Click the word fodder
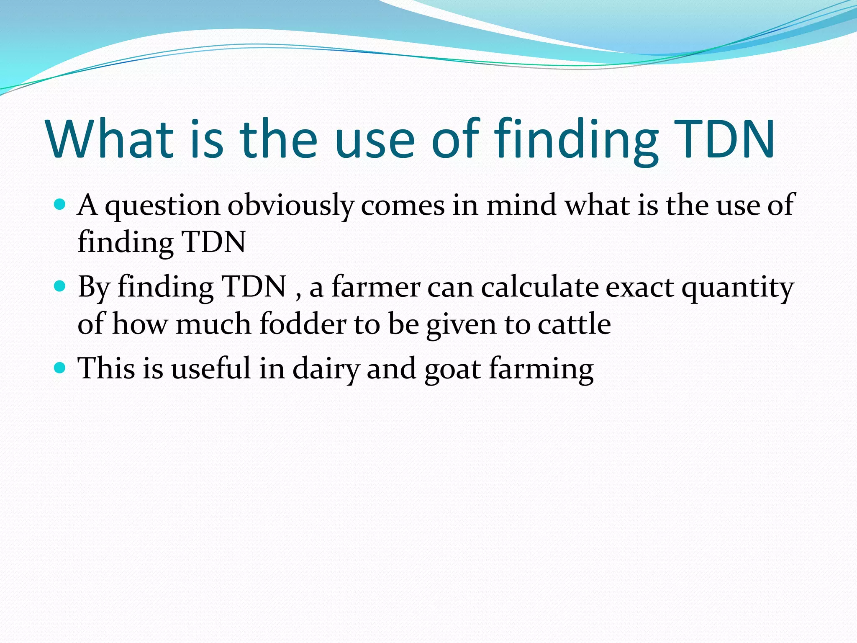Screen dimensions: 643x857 pos(303,324)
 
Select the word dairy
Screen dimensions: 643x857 pos(326,369)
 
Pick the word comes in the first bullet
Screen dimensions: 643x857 pos(403,206)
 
